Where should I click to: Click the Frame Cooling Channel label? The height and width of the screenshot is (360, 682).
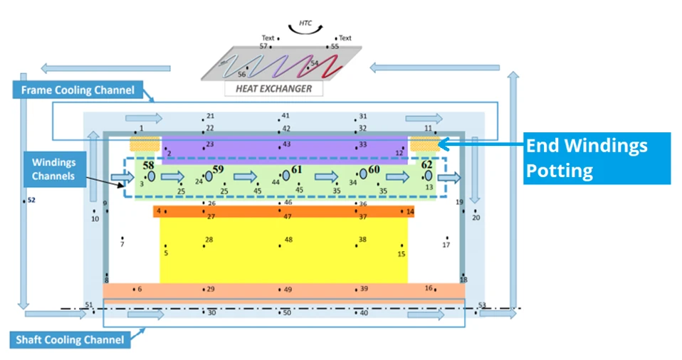coord(78,90)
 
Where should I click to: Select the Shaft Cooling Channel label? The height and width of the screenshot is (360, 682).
coord(70,339)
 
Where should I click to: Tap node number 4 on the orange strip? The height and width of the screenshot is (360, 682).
coord(159,211)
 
